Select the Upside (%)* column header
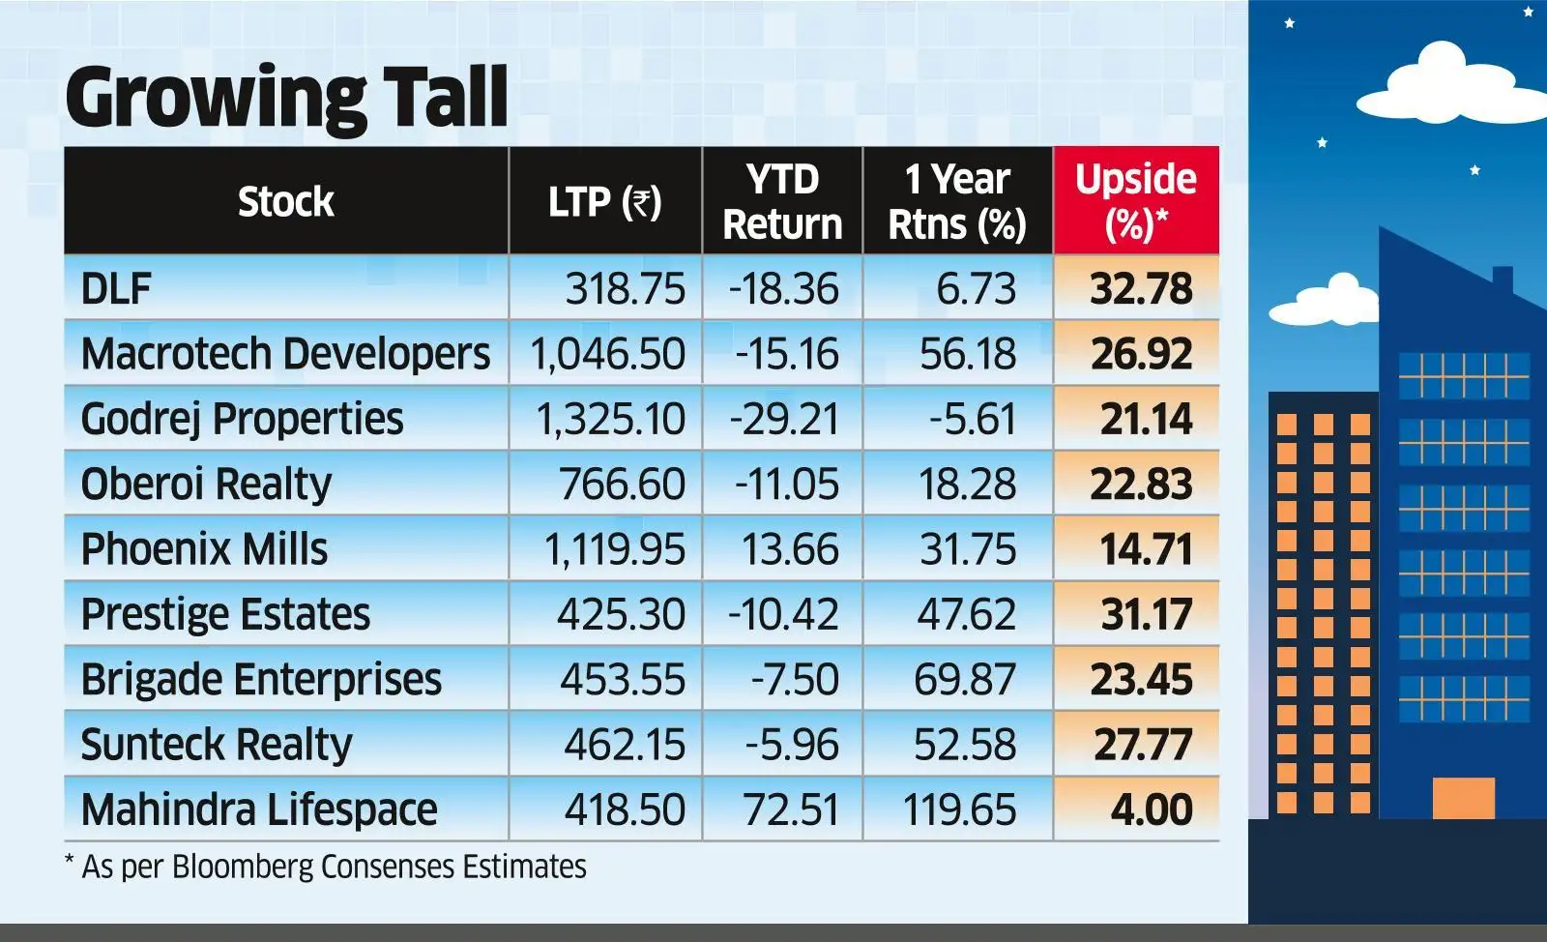[1135, 201]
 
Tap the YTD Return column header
[781, 201]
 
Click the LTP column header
[604, 202]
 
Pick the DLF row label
[116, 288]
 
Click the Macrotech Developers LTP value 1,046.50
[607, 354]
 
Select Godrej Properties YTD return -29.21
[784, 419]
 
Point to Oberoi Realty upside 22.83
[1141, 484]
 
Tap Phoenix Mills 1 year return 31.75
[967, 549]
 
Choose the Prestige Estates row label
[225, 614]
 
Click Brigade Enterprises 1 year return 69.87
[964, 679]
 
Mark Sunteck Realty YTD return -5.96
[791, 745]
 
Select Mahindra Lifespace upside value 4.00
[1151, 810]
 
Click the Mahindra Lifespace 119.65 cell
[959, 810]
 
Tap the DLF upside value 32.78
[1141, 288]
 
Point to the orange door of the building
[1463, 798]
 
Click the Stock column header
[285, 202]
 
